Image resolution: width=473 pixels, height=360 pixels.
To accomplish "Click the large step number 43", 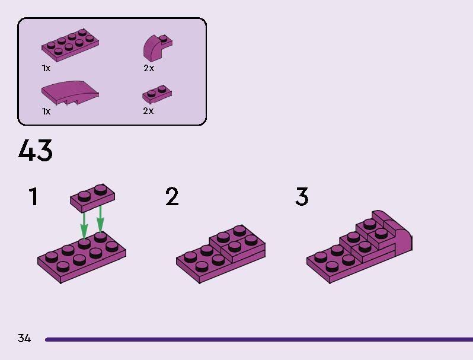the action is tap(36, 150).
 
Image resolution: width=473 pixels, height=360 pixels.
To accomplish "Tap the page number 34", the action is tap(24, 338).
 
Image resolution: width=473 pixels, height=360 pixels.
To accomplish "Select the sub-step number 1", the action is tap(33, 196).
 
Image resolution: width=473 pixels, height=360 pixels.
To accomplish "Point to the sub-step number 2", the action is tap(172, 196).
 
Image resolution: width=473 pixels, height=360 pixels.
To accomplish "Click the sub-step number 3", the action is tap(302, 196).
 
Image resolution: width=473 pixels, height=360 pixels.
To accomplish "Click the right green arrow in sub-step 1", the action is tap(100, 219).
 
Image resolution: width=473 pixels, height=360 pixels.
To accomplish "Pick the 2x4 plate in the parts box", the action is tap(71, 45).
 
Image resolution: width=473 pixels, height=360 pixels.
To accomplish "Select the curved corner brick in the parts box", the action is tap(158, 47).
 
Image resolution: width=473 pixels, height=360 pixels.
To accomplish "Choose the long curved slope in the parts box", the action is tap(70, 93).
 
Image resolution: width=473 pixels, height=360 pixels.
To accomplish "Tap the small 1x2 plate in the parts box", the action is tap(157, 94).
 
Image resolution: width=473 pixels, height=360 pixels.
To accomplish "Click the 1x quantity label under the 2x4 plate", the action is tap(46, 68).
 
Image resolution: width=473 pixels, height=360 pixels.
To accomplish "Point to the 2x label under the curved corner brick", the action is tap(149, 68).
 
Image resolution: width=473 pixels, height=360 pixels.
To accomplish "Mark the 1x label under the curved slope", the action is tap(46, 111).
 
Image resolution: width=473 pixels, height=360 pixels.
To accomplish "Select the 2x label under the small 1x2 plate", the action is tap(148, 111).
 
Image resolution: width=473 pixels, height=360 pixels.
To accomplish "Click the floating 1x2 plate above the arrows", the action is tap(92, 197).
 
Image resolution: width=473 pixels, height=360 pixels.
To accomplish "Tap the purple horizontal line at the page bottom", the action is tap(259, 339).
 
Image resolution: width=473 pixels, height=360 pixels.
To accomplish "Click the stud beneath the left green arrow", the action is tap(84, 244).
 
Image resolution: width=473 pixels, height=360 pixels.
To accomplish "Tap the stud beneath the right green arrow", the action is tap(100, 237).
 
